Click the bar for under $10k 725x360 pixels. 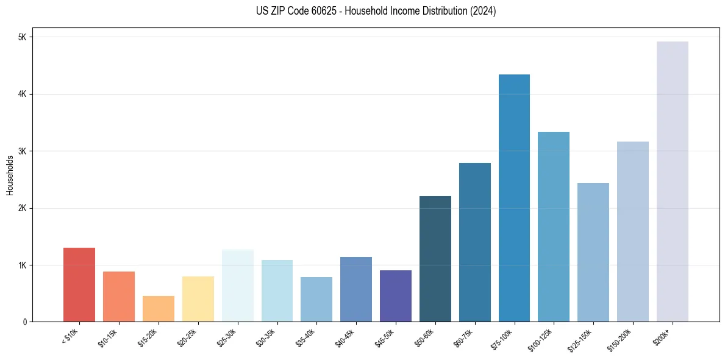click(79, 284)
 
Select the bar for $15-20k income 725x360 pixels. click(159, 309)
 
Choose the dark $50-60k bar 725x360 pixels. click(435, 259)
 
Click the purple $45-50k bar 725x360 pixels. click(396, 296)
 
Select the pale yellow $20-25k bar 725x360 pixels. click(198, 299)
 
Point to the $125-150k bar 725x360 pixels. click(593, 252)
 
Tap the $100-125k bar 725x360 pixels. click(554, 226)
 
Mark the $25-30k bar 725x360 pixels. click(238, 286)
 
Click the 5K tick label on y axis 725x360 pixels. click(23, 37)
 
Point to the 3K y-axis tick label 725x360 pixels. click(23, 151)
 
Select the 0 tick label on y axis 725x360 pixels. click(25, 322)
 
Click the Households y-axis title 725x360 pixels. click(10, 175)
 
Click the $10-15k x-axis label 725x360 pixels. click(109, 336)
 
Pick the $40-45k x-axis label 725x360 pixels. click(346, 336)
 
